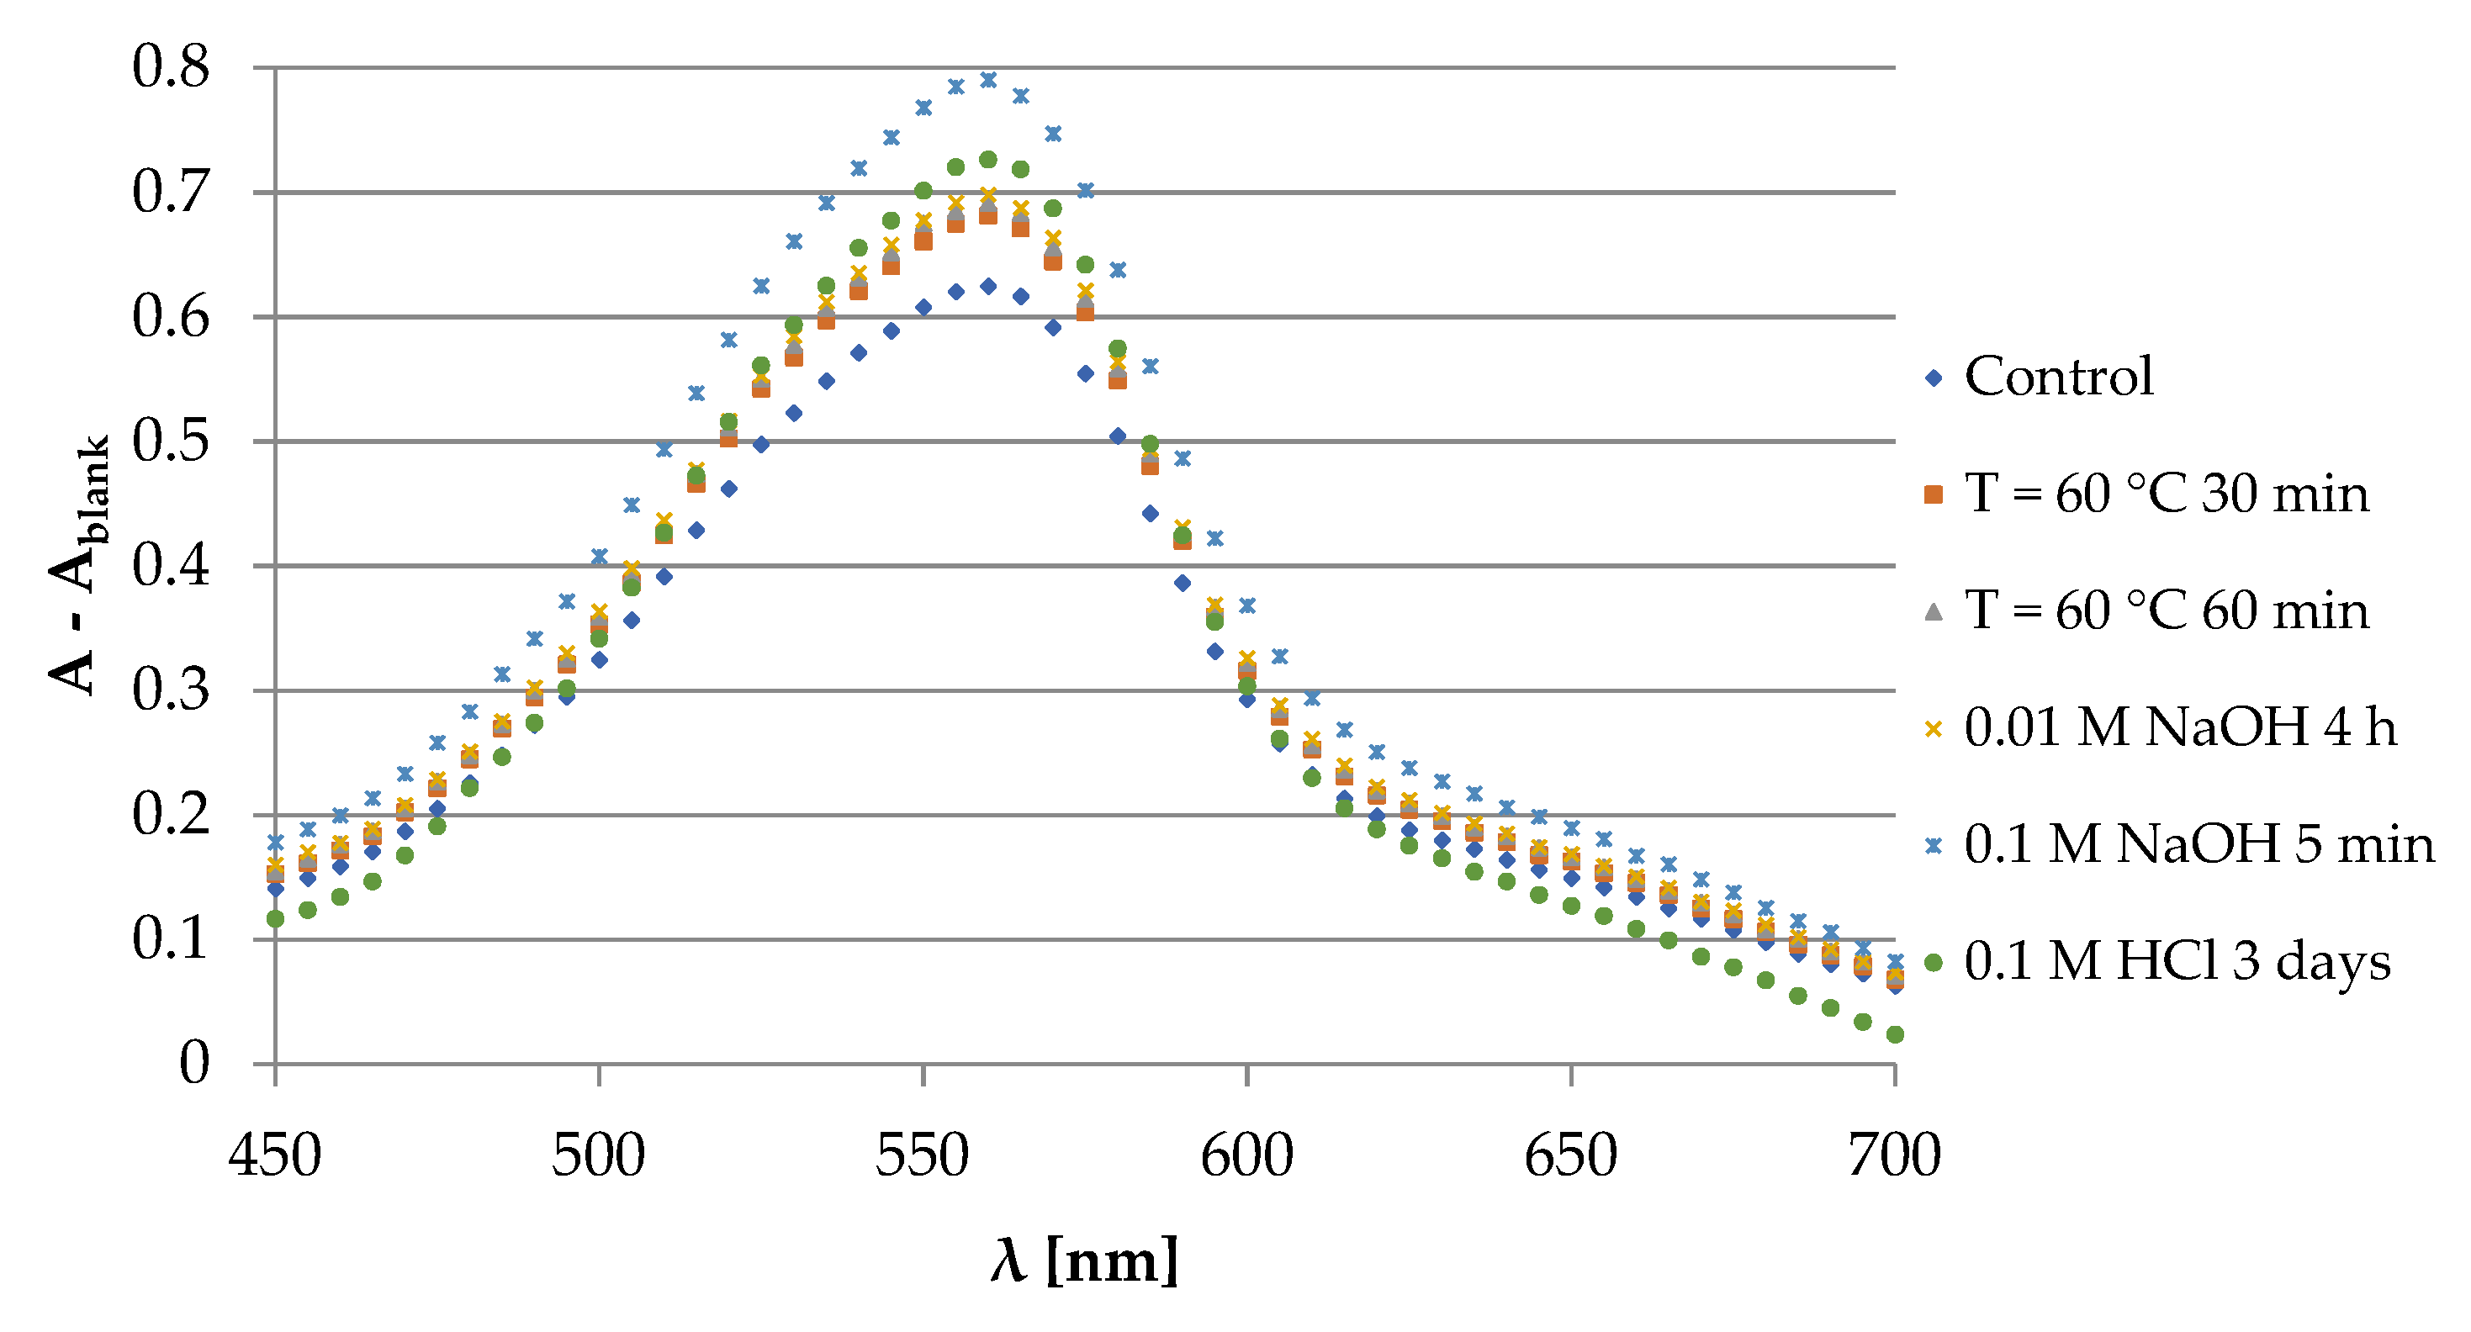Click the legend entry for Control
[x=2057, y=377]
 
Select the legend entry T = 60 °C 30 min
[x=2166, y=494]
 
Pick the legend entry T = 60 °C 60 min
[x=2166, y=610]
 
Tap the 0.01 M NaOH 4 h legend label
[x=2179, y=728]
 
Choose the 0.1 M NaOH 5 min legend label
[x=2199, y=845]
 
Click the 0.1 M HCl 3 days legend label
[x=2177, y=962]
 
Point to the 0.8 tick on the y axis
[x=171, y=67]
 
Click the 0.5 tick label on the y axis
[x=171, y=441]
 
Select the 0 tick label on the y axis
[x=195, y=1064]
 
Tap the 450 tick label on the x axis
[x=274, y=1155]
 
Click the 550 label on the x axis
[x=922, y=1155]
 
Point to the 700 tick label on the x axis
[x=1895, y=1155]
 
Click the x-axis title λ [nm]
[x=1084, y=1260]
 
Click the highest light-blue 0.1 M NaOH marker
[x=988, y=80]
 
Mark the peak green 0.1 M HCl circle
[x=988, y=159]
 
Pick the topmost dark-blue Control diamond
[x=988, y=286]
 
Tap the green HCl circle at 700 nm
[x=1895, y=1033]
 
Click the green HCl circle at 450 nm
[x=275, y=918]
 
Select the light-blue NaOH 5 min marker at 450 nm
[x=275, y=842]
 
